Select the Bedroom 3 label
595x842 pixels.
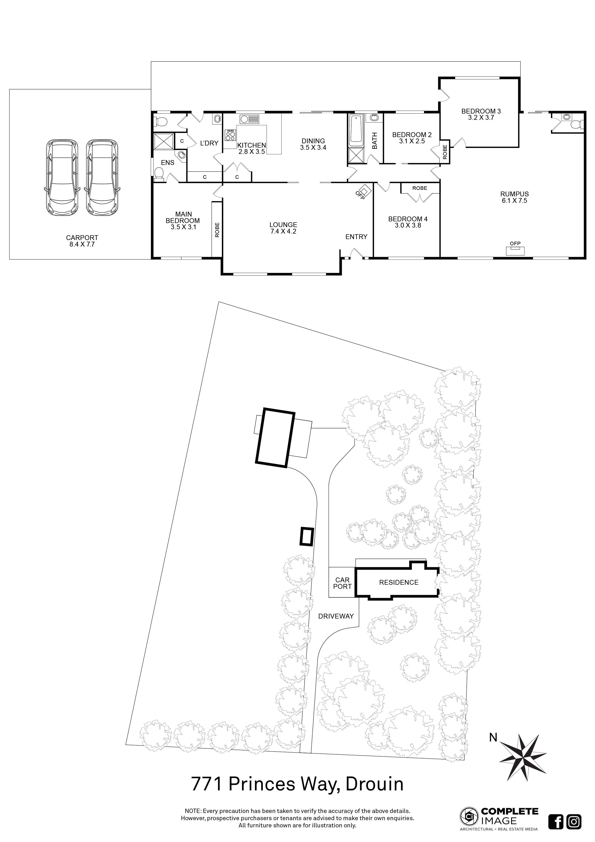point(481,111)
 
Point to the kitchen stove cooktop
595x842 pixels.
point(230,136)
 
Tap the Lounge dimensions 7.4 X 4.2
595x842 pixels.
point(283,231)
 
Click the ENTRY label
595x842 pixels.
point(356,237)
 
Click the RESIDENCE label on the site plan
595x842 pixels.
point(398,582)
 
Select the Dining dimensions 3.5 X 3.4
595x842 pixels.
point(313,147)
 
